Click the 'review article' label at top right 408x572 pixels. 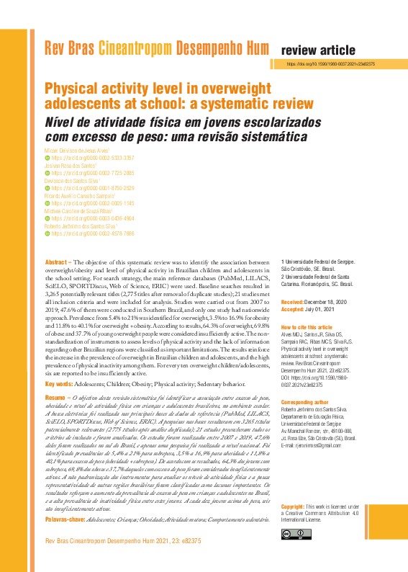pyautogui.click(x=317, y=50)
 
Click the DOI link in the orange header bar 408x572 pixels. pyautogui.click(x=330, y=64)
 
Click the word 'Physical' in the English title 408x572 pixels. pyautogui.click(x=74, y=89)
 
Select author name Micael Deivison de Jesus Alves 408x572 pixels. pyautogui.click(x=78, y=150)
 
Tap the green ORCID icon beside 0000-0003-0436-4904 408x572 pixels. pyautogui.click(x=47, y=218)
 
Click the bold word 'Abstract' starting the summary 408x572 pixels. pyautogui.click(x=57, y=262)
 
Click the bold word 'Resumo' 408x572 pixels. pyautogui.click(x=56, y=397)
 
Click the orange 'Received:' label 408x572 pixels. pyautogui.click(x=293, y=302)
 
